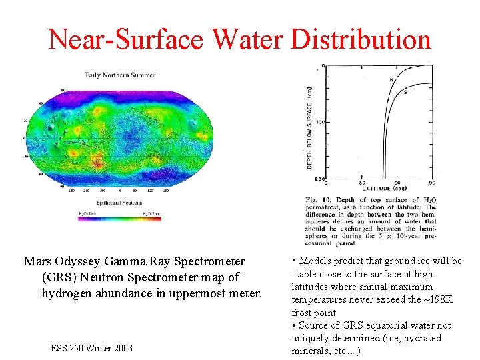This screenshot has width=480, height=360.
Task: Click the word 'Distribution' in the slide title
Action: click(x=361, y=39)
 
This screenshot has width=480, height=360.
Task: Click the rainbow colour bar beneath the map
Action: click(x=119, y=219)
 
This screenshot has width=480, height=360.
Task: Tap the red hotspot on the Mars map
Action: click(x=97, y=161)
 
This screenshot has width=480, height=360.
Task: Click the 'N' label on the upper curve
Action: click(x=391, y=80)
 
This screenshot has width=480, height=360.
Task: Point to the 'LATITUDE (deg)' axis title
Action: click(x=384, y=189)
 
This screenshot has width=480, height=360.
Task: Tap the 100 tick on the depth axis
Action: click(x=320, y=122)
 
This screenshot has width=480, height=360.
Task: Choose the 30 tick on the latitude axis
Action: click(x=362, y=183)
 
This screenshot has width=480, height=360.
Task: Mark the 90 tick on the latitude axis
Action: click(x=432, y=183)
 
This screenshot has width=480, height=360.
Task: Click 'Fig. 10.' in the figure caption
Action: click(x=318, y=200)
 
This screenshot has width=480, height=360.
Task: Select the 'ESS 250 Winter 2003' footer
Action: click(x=91, y=348)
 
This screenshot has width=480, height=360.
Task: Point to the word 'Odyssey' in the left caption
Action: click(x=77, y=261)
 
